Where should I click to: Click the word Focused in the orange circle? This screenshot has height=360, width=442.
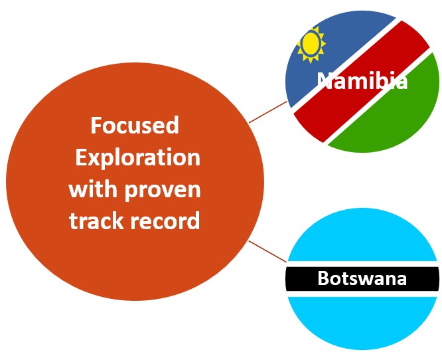tap(135, 126)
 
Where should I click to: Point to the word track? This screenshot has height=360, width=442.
tap(96, 221)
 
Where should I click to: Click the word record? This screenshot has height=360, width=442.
tap(165, 221)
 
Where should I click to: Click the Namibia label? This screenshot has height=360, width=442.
tap(362, 81)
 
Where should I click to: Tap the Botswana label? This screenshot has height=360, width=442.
tap(362, 278)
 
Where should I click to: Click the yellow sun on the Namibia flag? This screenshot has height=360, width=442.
tap(311, 45)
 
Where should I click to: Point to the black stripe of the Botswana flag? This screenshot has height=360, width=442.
tap(362, 279)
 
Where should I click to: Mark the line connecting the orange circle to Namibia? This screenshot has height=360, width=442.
tap(268, 112)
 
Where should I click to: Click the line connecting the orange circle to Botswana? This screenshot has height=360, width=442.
tap(268, 251)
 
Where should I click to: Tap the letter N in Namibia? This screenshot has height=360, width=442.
tap(325, 81)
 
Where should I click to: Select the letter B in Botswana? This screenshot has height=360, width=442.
tap(323, 278)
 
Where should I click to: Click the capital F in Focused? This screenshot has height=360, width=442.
tap(96, 126)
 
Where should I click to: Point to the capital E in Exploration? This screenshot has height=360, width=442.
tap(80, 157)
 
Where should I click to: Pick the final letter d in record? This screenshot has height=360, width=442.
tap(194, 221)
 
